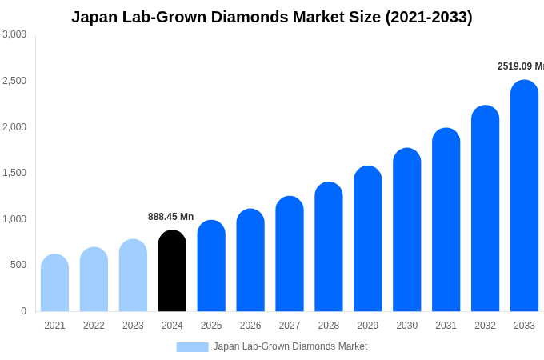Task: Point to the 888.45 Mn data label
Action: point(170,217)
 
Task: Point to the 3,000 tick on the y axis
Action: point(14,34)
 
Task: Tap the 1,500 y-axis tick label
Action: point(14,173)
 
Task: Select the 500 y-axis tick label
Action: point(18,265)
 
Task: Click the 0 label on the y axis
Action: point(23,311)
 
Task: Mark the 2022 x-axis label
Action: point(94,326)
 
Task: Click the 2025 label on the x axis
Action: point(211,326)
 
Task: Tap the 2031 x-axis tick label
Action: point(446,326)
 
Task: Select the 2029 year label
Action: point(368,326)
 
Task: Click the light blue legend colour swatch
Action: point(192,347)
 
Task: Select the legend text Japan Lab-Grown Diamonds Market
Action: point(290,346)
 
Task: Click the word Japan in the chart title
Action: point(94,17)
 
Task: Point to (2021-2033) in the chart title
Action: point(429,17)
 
